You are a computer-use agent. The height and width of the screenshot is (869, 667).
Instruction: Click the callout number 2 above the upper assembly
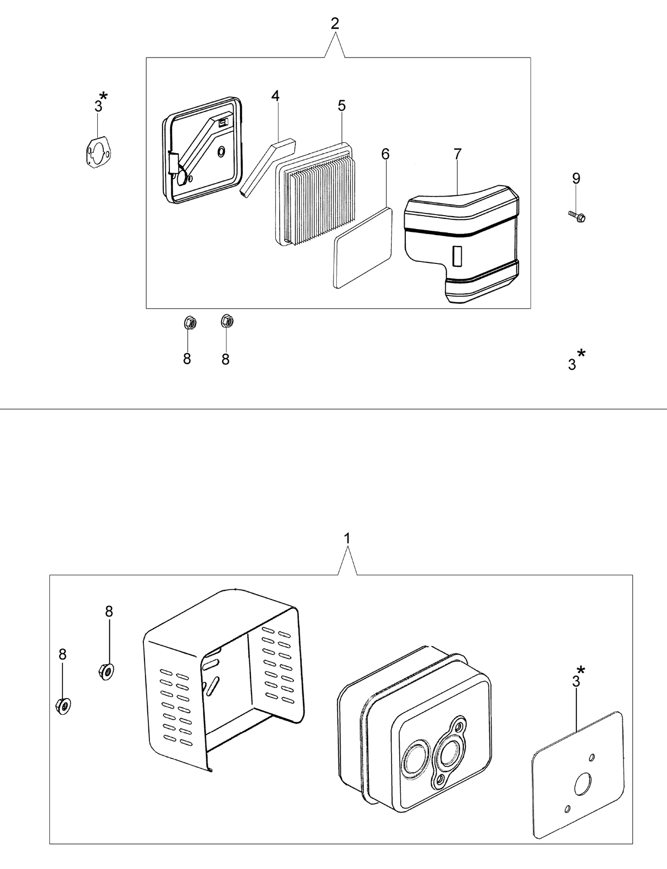tap(335, 23)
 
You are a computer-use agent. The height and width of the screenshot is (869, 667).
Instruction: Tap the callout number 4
tap(275, 96)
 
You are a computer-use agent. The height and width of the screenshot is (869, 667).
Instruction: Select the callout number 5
tap(342, 106)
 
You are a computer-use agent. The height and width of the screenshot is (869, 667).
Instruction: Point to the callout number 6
tap(385, 154)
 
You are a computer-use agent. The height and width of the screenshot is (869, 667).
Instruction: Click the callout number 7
tap(458, 154)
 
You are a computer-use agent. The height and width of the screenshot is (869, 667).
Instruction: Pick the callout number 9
tap(576, 178)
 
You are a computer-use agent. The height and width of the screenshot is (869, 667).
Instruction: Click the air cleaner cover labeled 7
tap(462, 244)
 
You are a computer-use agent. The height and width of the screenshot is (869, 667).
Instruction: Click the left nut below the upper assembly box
tap(189, 322)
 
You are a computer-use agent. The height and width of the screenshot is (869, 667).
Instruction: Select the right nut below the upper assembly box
tap(227, 321)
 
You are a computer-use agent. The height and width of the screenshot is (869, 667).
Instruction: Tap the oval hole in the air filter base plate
tap(221, 152)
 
